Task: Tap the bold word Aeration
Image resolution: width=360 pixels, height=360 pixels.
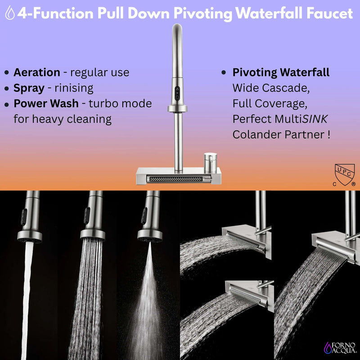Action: tap(36, 72)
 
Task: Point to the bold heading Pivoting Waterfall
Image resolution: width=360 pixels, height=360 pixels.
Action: tap(281, 72)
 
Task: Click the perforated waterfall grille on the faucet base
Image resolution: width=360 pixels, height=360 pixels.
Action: tap(173, 180)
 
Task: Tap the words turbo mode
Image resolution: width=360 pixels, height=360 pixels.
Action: tap(120, 103)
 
